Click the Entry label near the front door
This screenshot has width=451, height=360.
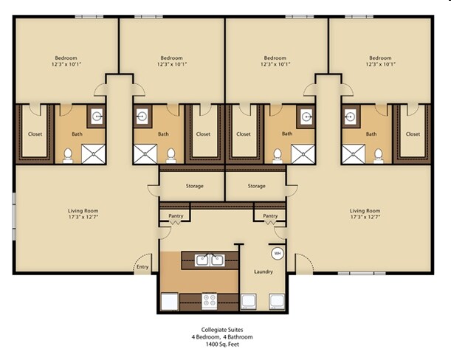142,268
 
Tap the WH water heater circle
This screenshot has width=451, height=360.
278,253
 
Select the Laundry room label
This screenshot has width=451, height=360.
264,271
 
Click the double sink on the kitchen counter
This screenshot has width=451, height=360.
210,260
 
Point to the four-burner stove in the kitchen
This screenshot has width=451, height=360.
210,300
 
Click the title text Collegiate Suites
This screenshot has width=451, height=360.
222,330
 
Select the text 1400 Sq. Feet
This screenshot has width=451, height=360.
222,345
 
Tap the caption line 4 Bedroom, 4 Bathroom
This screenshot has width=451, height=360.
222,337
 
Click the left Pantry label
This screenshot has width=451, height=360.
176,216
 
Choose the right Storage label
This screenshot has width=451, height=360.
256,186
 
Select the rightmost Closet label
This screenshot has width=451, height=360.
413,134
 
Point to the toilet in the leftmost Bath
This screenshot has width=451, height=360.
67,154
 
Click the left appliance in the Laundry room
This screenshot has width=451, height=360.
249,301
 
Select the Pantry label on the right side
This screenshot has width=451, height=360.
270,216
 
